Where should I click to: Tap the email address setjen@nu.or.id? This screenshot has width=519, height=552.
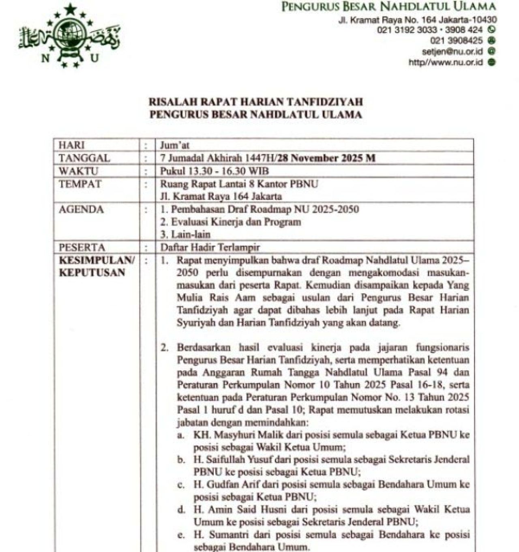453,52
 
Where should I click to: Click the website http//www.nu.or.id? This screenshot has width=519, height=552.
446,62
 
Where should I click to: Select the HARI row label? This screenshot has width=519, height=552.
72,145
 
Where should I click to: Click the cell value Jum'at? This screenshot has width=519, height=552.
175,145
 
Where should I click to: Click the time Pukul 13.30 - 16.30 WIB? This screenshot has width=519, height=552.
214,171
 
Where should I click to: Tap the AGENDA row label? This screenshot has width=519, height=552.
81,209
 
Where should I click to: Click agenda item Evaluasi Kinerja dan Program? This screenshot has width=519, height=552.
236,222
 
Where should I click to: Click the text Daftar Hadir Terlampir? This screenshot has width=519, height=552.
210,247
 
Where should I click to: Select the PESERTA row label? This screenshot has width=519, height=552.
82,247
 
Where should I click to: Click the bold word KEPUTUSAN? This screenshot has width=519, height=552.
92,272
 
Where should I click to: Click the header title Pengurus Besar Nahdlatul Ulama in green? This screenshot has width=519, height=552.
388,7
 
